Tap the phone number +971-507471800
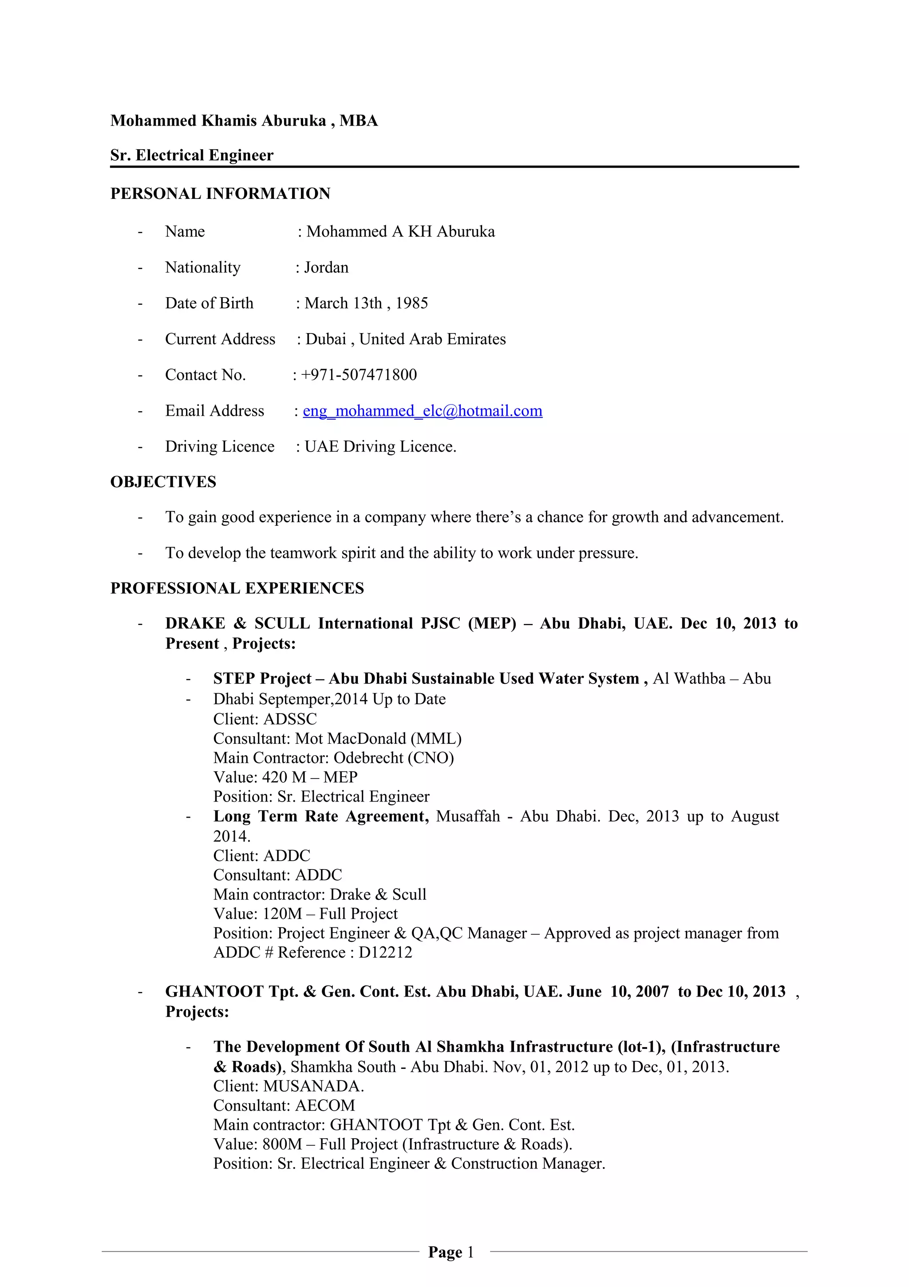click(359, 375)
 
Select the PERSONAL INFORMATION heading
click(220, 194)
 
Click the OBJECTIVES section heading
click(163, 482)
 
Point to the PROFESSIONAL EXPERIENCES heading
click(237, 588)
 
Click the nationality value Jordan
click(326, 267)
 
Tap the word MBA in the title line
click(359, 121)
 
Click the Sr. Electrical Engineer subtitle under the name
click(192, 155)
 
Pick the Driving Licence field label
click(220, 447)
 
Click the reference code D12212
click(385, 952)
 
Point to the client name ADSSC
click(290, 719)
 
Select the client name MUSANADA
click(312, 1086)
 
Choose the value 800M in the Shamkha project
click(282, 1144)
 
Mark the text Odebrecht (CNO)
click(394, 758)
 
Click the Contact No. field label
click(206, 375)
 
